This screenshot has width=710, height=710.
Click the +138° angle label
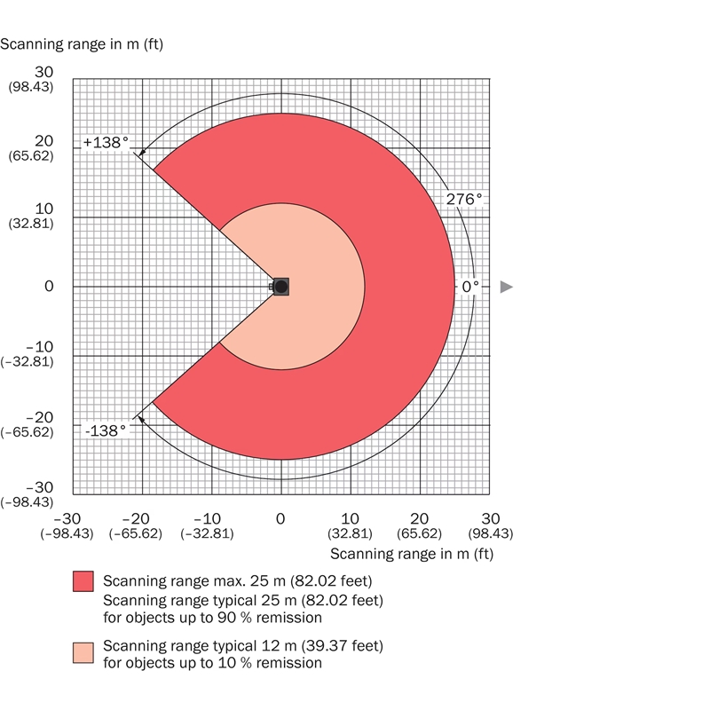(x=106, y=142)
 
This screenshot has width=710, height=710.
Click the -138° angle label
(x=106, y=430)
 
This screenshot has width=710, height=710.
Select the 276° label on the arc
(x=464, y=200)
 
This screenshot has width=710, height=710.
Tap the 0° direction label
(x=469, y=287)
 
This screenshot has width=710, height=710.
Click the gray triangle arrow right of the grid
(x=506, y=287)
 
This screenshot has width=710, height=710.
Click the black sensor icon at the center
(x=280, y=286)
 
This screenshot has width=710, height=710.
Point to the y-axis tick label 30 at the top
(x=44, y=72)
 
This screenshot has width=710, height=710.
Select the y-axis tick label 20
(x=44, y=141)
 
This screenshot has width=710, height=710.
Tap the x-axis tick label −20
(x=136, y=518)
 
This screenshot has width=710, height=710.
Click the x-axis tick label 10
(x=350, y=518)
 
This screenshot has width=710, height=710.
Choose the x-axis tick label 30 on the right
(x=490, y=518)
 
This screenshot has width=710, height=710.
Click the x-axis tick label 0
(x=280, y=518)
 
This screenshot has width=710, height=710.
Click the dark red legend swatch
(x=83, y=581)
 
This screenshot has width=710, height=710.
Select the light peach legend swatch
(x=83, y=652)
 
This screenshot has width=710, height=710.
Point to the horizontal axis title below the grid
(x=411, y=554)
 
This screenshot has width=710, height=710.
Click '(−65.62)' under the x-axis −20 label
(x=136, y=534)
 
